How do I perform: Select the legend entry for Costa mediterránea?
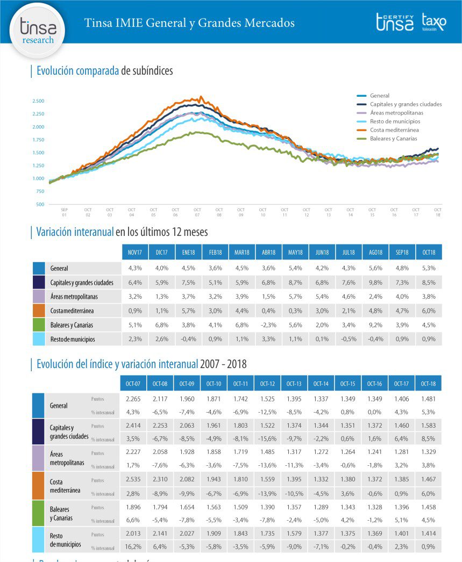coord(394,130)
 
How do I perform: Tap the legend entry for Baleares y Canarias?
coord(393,139)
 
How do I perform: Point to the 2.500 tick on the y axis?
coord(38,101)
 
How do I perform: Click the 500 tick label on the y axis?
coord(40,204)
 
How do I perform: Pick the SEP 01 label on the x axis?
coord(65,212)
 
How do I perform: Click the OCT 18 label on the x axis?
coord(438,212)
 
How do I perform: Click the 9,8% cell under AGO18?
coord(375,282)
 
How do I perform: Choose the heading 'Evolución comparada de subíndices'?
coord(104,71)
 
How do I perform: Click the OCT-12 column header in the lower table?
coord(267,383)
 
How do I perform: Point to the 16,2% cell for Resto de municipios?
coord(133,546)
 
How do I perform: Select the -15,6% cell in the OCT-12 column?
coord(267,438)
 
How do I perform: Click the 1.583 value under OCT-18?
coord(429,426)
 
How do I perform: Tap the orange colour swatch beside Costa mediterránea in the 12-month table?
coord(38,310)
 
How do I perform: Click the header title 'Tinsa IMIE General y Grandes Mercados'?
coord(189,23)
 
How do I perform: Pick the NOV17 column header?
coord(135,251)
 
